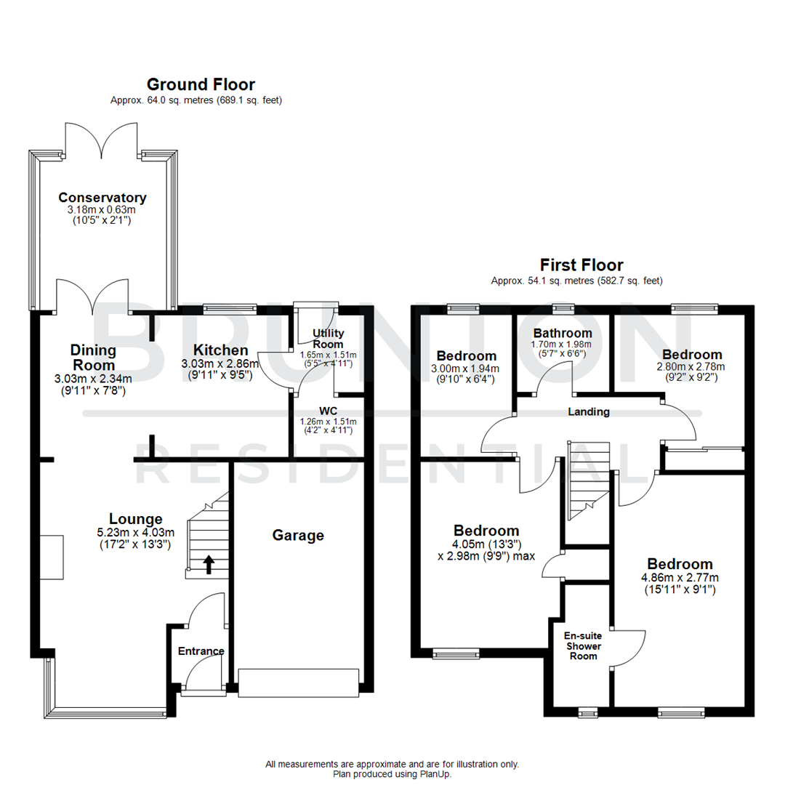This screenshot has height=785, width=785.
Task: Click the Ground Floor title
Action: [201, 85]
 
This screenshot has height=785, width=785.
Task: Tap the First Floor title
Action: [581, 265]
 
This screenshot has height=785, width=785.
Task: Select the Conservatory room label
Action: [102, 198]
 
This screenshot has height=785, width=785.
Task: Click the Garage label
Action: [298, 536]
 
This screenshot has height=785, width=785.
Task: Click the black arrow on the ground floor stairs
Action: [209, 563]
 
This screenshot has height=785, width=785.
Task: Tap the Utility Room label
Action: [329, 338]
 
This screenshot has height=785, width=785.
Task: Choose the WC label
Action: [327, 411]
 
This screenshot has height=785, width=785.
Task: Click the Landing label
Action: [589, 412]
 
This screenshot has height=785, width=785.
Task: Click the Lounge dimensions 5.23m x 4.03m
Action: [135, 532]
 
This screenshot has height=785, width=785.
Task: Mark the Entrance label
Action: [201, 651]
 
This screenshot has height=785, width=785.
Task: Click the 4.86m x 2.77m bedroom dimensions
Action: [680, 578]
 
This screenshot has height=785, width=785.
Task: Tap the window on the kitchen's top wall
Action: [229, 308]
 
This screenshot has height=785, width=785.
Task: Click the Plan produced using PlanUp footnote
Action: [392, 774]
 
